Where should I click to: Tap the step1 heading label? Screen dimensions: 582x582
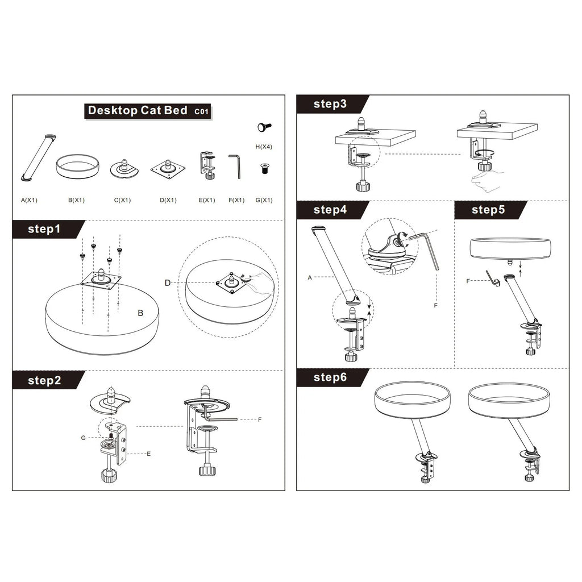point(44,229)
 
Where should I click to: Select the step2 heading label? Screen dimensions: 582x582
point(44,380)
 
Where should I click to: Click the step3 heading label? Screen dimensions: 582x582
point(330,104)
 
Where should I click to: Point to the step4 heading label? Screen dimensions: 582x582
point(330,210)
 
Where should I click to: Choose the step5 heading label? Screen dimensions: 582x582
point(488,210)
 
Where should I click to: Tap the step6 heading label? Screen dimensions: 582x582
point(330,377)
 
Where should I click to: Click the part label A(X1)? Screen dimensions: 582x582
point(30,200)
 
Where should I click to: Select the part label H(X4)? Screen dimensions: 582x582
point(264,147)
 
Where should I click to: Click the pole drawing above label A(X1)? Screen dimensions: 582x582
point(38,157)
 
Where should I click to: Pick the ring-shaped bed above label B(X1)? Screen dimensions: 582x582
point(77,166)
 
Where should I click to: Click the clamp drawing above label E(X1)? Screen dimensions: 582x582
point(207,165)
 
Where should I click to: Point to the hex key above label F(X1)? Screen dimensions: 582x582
point(235,166)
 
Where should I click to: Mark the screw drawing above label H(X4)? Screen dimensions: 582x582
point(264,127)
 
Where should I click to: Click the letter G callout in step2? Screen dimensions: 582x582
point(83,438)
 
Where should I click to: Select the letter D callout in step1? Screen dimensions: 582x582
point(167,283)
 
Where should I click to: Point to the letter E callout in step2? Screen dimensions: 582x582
point(149,454)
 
